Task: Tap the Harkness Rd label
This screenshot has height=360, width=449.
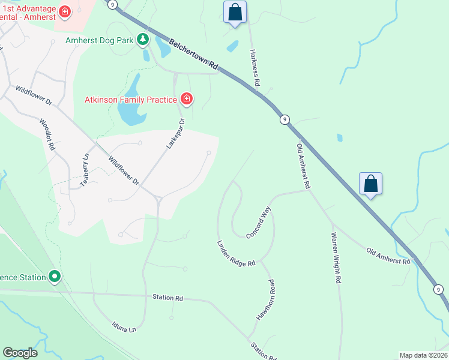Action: point(254,67)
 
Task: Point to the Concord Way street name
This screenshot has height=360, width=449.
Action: point(259,223)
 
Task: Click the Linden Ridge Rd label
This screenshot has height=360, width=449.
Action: point(236,253)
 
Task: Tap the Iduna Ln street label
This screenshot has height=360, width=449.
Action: point(124,326)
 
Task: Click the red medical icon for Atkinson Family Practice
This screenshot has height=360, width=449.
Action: point(187,98)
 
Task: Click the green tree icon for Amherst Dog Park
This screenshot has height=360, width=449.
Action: point(142,40)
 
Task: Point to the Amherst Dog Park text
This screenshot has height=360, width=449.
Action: point(100,41)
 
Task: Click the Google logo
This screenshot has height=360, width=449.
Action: point(20,353)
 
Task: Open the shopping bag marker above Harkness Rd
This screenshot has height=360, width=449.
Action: point(235,12)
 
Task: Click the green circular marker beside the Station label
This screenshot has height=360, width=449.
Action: point(55,277)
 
